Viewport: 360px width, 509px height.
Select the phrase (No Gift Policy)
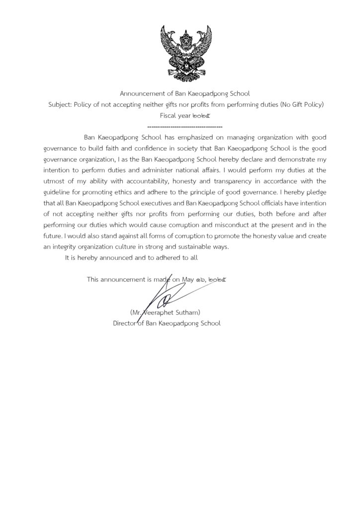tap(301, 104)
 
